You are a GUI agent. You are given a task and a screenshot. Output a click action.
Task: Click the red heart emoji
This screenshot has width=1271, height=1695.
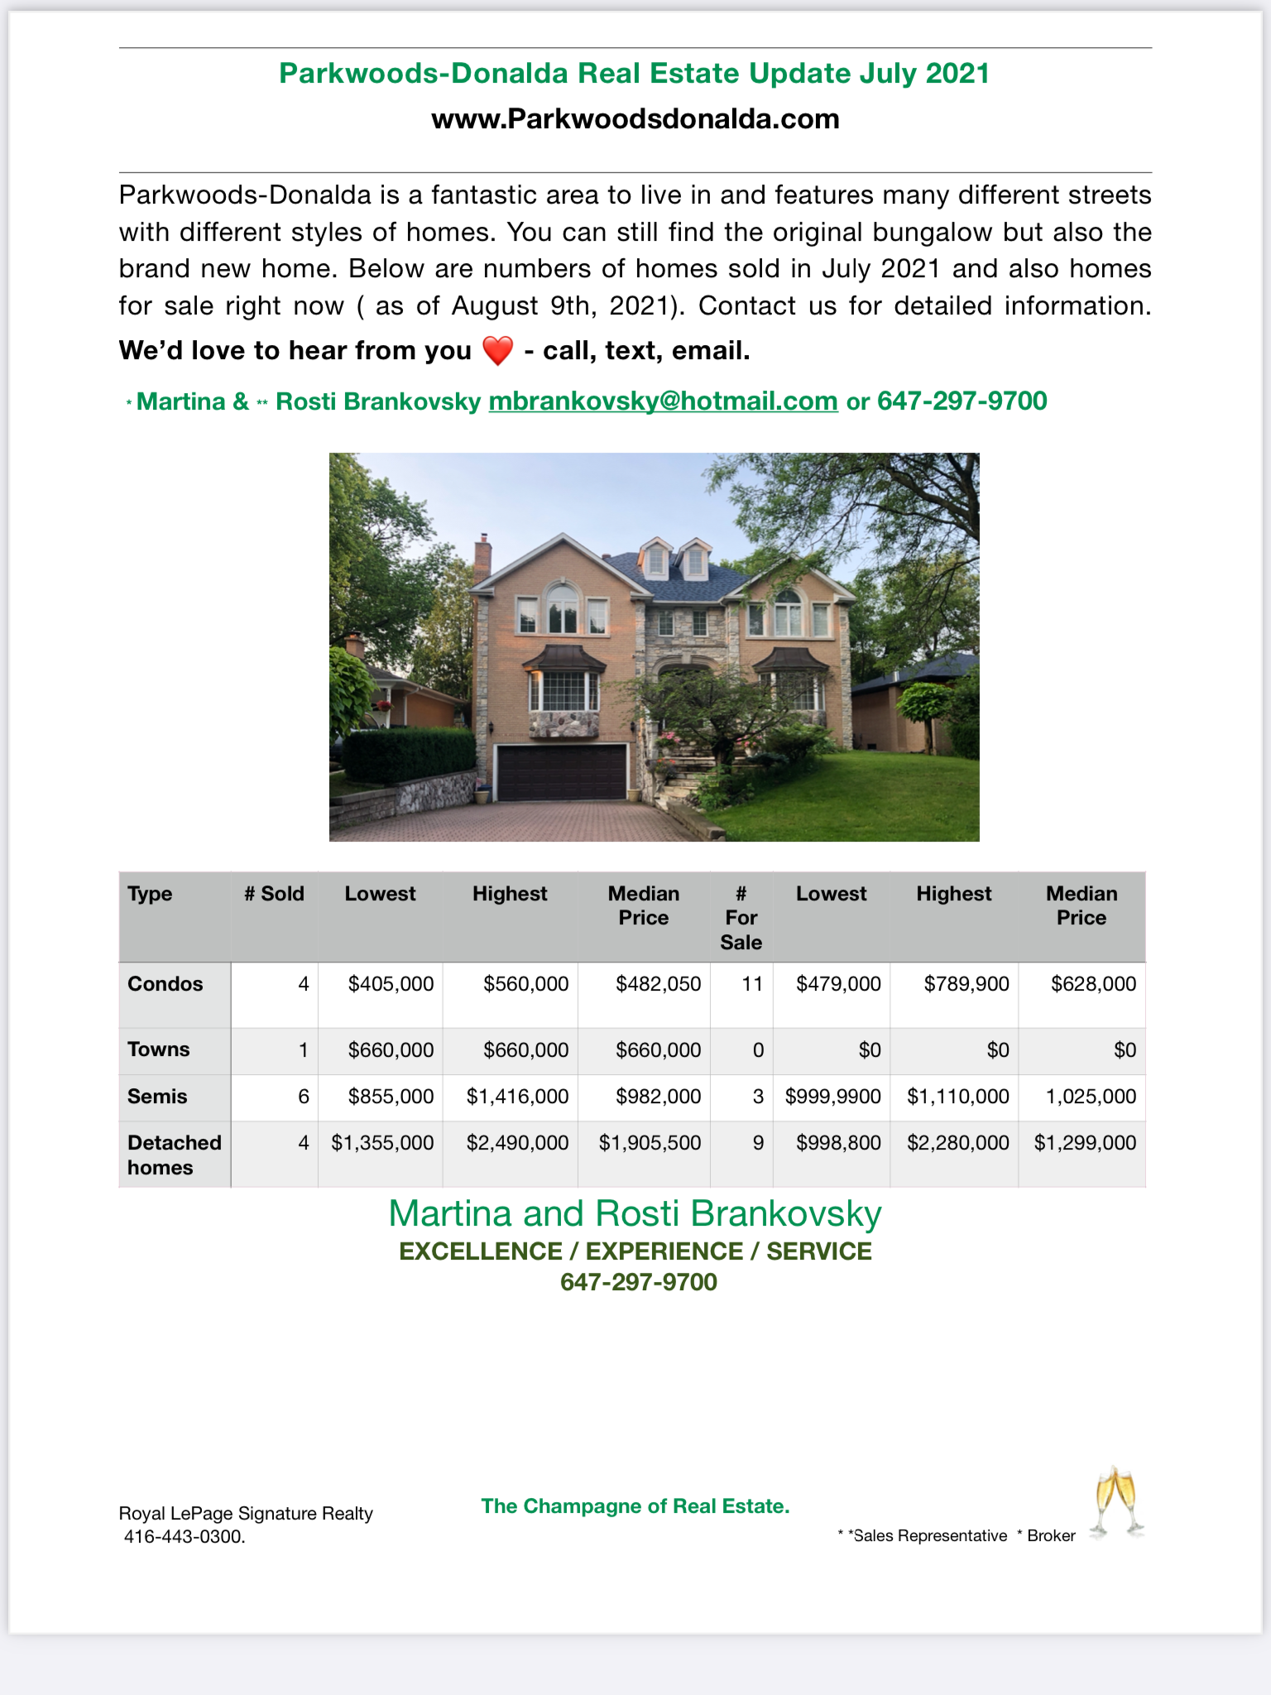497,351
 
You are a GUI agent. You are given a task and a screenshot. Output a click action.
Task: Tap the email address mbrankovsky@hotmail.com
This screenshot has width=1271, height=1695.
663,401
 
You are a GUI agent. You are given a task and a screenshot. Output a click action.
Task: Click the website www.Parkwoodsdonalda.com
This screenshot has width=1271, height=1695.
635,119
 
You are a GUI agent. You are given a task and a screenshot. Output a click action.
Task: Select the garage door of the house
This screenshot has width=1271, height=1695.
561,772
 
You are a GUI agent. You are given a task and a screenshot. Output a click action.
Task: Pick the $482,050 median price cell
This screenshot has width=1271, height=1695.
658,984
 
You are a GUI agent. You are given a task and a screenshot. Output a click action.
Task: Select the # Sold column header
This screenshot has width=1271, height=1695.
274,894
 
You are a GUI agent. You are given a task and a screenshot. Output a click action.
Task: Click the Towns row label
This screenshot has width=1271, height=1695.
159,1049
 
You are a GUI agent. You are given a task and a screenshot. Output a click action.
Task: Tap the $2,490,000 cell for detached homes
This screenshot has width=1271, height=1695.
517,1143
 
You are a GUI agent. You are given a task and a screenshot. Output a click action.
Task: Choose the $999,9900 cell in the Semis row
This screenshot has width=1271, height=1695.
832,1097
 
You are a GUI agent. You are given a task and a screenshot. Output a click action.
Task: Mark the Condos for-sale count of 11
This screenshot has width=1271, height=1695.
751,984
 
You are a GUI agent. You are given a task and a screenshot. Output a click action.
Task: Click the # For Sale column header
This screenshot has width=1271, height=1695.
741,918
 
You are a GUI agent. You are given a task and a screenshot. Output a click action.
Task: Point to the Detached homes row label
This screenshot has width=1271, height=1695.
174,1155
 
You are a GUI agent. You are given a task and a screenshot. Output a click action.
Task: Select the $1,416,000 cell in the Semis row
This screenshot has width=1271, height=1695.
517,1097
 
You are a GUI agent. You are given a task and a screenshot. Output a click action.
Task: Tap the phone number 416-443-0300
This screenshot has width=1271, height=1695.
184,1537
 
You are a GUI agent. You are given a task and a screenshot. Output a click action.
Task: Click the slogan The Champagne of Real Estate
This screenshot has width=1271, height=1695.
635,1506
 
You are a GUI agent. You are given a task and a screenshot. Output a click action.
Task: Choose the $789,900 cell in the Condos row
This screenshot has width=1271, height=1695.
966,984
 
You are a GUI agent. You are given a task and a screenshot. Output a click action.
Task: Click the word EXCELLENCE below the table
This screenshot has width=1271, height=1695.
480,1251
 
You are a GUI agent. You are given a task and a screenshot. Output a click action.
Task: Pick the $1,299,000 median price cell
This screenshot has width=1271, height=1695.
1084,1143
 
